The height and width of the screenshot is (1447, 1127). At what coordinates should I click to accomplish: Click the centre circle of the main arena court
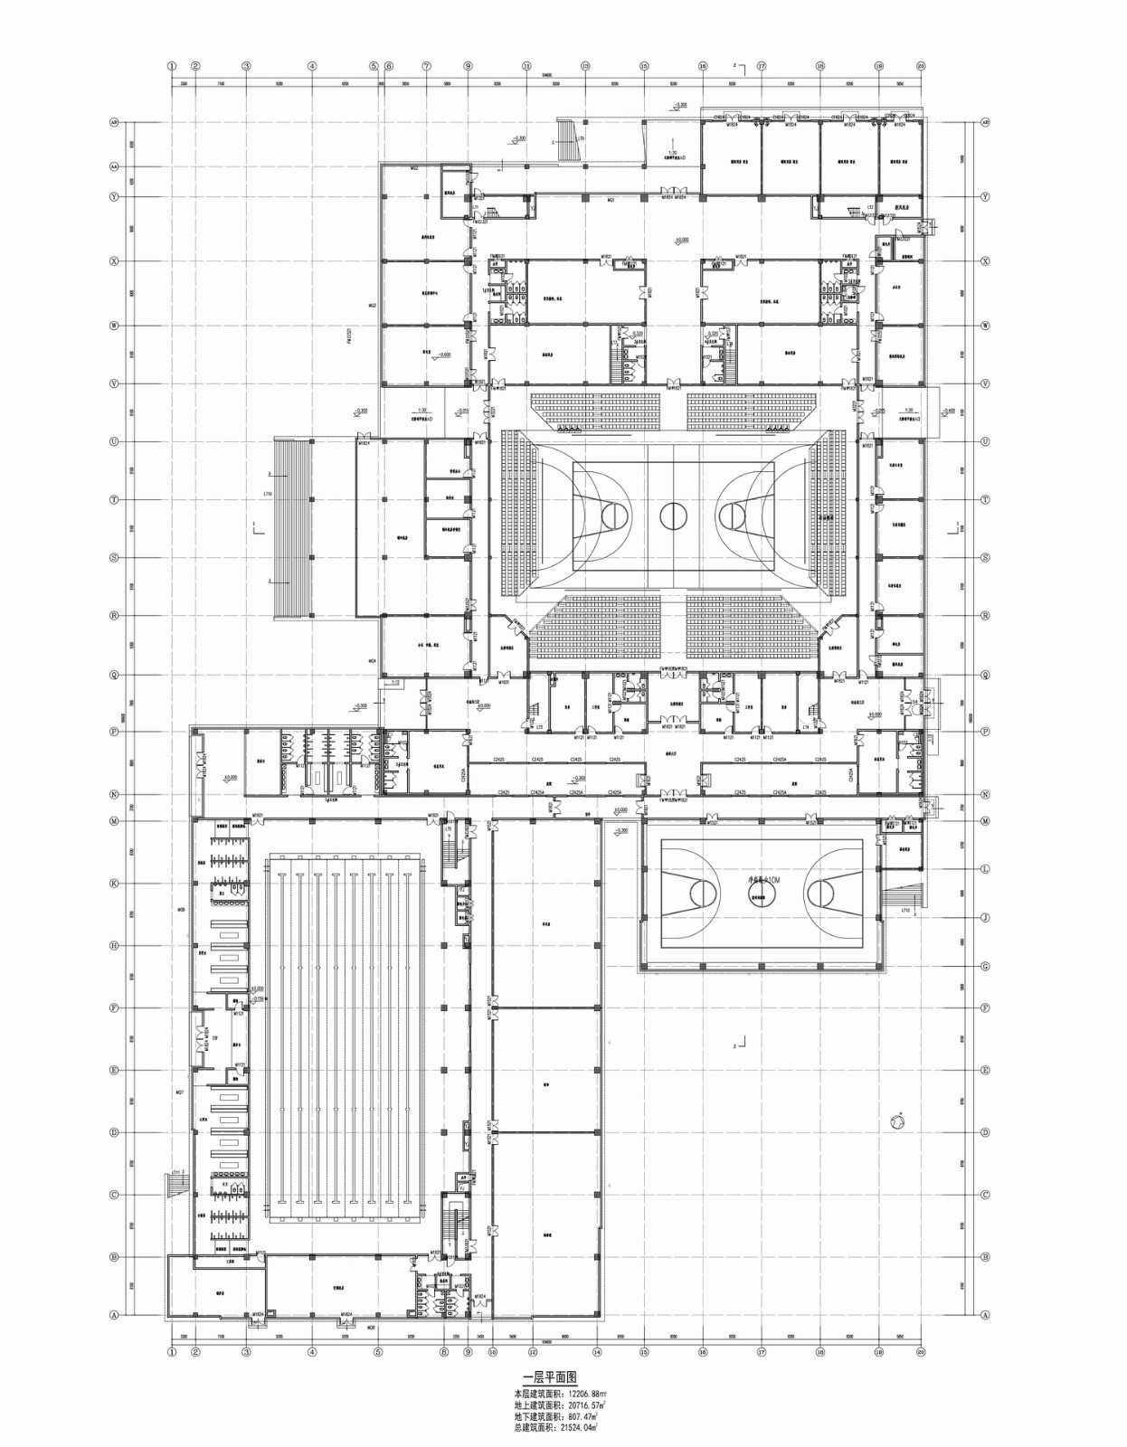[x=674, y=516]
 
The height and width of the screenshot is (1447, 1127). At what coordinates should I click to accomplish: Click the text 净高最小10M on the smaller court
[x=762, y=879]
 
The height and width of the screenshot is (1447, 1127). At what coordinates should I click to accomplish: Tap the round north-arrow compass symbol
[x=897, y=1121]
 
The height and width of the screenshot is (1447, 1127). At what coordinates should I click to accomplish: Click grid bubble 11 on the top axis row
[x=526, y=66]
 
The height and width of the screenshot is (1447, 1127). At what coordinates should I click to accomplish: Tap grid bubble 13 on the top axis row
[x=585, y=66]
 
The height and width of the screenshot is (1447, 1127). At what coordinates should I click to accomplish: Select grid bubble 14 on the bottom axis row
[x=597, y=1353]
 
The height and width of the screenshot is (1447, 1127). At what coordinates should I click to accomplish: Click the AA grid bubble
[x=115, y=167]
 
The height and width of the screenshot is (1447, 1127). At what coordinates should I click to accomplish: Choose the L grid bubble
[x=985, y=869]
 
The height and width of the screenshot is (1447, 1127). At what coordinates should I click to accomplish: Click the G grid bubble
[x=985, y=967]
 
